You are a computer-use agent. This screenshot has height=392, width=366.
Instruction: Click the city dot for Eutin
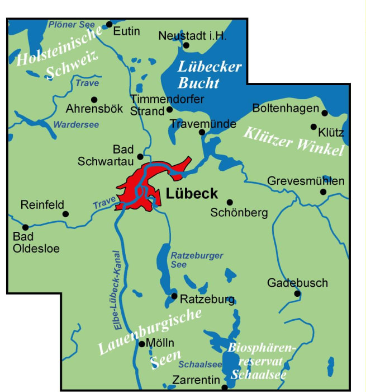point(110,25)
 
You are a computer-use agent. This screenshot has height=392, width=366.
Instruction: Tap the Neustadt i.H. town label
point(192,36)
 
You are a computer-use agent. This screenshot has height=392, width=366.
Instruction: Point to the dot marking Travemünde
point(202,133)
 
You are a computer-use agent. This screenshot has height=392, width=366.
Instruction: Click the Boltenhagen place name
point(286,107)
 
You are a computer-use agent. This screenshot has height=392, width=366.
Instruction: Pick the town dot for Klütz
point(313,127)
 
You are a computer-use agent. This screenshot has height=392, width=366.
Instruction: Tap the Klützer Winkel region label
point(293,141)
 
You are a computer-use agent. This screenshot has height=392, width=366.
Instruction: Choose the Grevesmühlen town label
point(306,181)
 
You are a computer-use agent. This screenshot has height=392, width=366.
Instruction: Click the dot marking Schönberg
point(229,202)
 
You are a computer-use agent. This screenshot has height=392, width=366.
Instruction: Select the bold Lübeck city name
point(192,194)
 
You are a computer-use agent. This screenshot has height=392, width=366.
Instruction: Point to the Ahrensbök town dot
point(78,99)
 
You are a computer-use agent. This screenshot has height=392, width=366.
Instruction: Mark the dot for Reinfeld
point(65,214)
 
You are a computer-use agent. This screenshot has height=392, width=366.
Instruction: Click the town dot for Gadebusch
point(297,293)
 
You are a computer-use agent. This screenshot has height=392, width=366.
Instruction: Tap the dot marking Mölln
point(141,344)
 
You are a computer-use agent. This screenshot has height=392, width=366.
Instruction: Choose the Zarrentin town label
point(196,380)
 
